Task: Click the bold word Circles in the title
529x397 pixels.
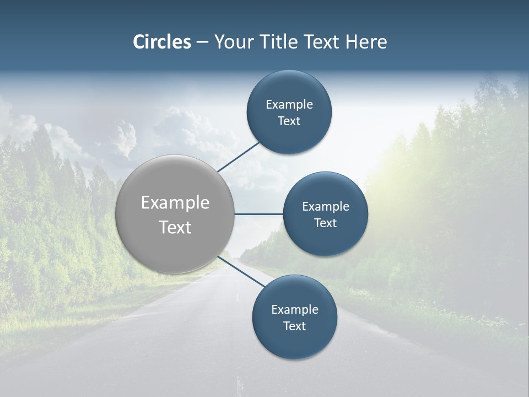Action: [162, 42]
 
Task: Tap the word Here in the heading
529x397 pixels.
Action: [366, 42]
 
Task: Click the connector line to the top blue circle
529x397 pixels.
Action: [239, 157]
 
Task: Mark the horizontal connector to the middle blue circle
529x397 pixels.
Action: [258, 214]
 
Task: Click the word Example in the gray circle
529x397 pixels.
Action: [175, 203]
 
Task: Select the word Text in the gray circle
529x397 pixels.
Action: [175, 227]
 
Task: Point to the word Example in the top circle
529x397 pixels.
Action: [289, 104]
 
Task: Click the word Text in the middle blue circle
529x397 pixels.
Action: [325, 223]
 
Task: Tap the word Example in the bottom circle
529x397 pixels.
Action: [295, 309]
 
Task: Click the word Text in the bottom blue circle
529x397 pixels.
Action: [294, 326]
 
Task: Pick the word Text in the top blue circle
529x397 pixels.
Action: [289, 121]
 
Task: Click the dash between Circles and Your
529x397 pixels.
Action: [202, 42]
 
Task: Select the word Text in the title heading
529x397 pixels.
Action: [322, 42]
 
